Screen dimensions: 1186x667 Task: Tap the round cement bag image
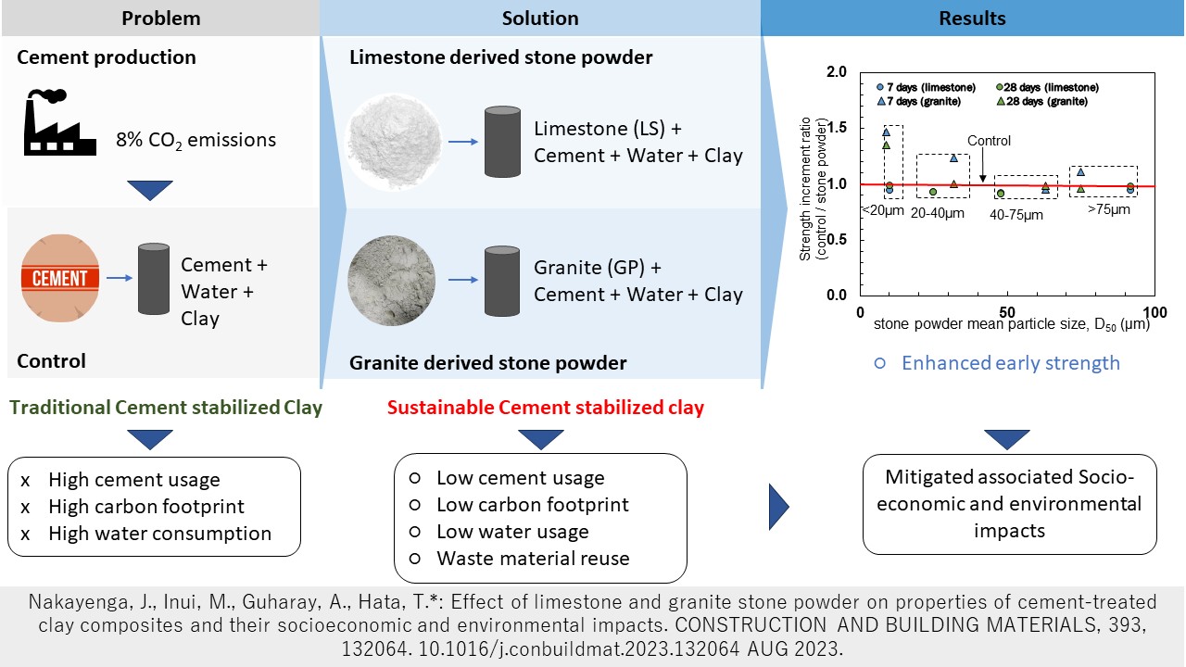pyautogui.click(x=60, y=278)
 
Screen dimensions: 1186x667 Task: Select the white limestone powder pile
pyautogui.click(x=394, y=141)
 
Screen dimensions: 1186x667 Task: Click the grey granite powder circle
pyautogui.click(x=392, y=280)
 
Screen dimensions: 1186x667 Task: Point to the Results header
pyautogui.click(x=972, y=18)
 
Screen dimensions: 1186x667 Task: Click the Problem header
pyautogui.click(x=161, y=18)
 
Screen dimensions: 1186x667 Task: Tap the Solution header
pyautogui.click(x=540, y=18)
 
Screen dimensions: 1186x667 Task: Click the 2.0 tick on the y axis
pyautogui.click(x=837, y=71)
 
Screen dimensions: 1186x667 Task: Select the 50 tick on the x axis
pyautogui.click(x=1007, y=312)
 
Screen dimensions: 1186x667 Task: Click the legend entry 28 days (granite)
pyautogui.click(x=1042, y=101)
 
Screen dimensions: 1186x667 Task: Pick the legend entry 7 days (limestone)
pyautogui.click(x=926, y=87)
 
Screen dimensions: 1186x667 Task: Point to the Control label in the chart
pyautogui.click(x=989, y=141)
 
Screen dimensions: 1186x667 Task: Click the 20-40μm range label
pyautogui.click(x=937, y=213)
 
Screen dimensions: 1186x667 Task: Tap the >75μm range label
pyautogui.click(x=1109, y=209)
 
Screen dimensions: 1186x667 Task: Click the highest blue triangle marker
pyautogui.click(x=887, y=132)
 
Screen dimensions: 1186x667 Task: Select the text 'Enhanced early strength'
pyautogui.click(x=1010, y=363)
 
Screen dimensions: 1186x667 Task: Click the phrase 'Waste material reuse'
pyautogui.click(x=533, y=559)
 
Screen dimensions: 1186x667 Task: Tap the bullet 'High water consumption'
pyautogui.click(x=159, y=534)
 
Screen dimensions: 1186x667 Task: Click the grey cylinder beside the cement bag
pyautogui.click(x=154, y=279)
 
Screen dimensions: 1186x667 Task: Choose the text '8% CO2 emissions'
pyautogui.click(x=196, y=140)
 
